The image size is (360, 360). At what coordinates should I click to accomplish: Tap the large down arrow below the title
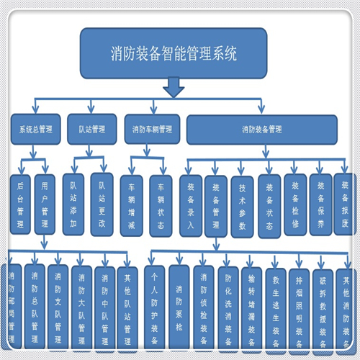click(x=174, y=88)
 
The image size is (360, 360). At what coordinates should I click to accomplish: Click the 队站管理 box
click(x=91, y=130)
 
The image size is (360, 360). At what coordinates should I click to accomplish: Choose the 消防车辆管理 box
click(x=152, y=130)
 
